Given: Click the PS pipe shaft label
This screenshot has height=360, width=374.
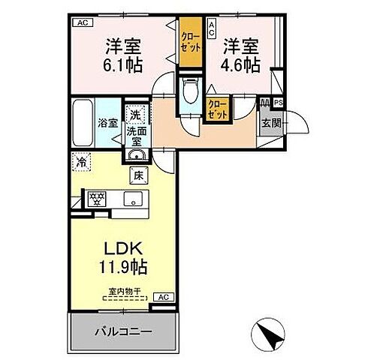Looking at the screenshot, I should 279,103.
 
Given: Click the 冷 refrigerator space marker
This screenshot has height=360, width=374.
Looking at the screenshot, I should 80,160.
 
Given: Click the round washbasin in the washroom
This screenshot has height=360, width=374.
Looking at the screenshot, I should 135,156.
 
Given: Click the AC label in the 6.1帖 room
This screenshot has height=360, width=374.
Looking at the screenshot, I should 80,22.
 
